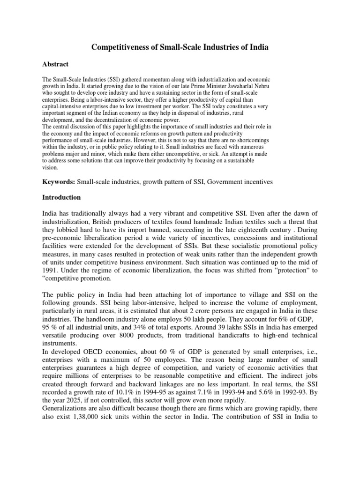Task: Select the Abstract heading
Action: tap(55, 64)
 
